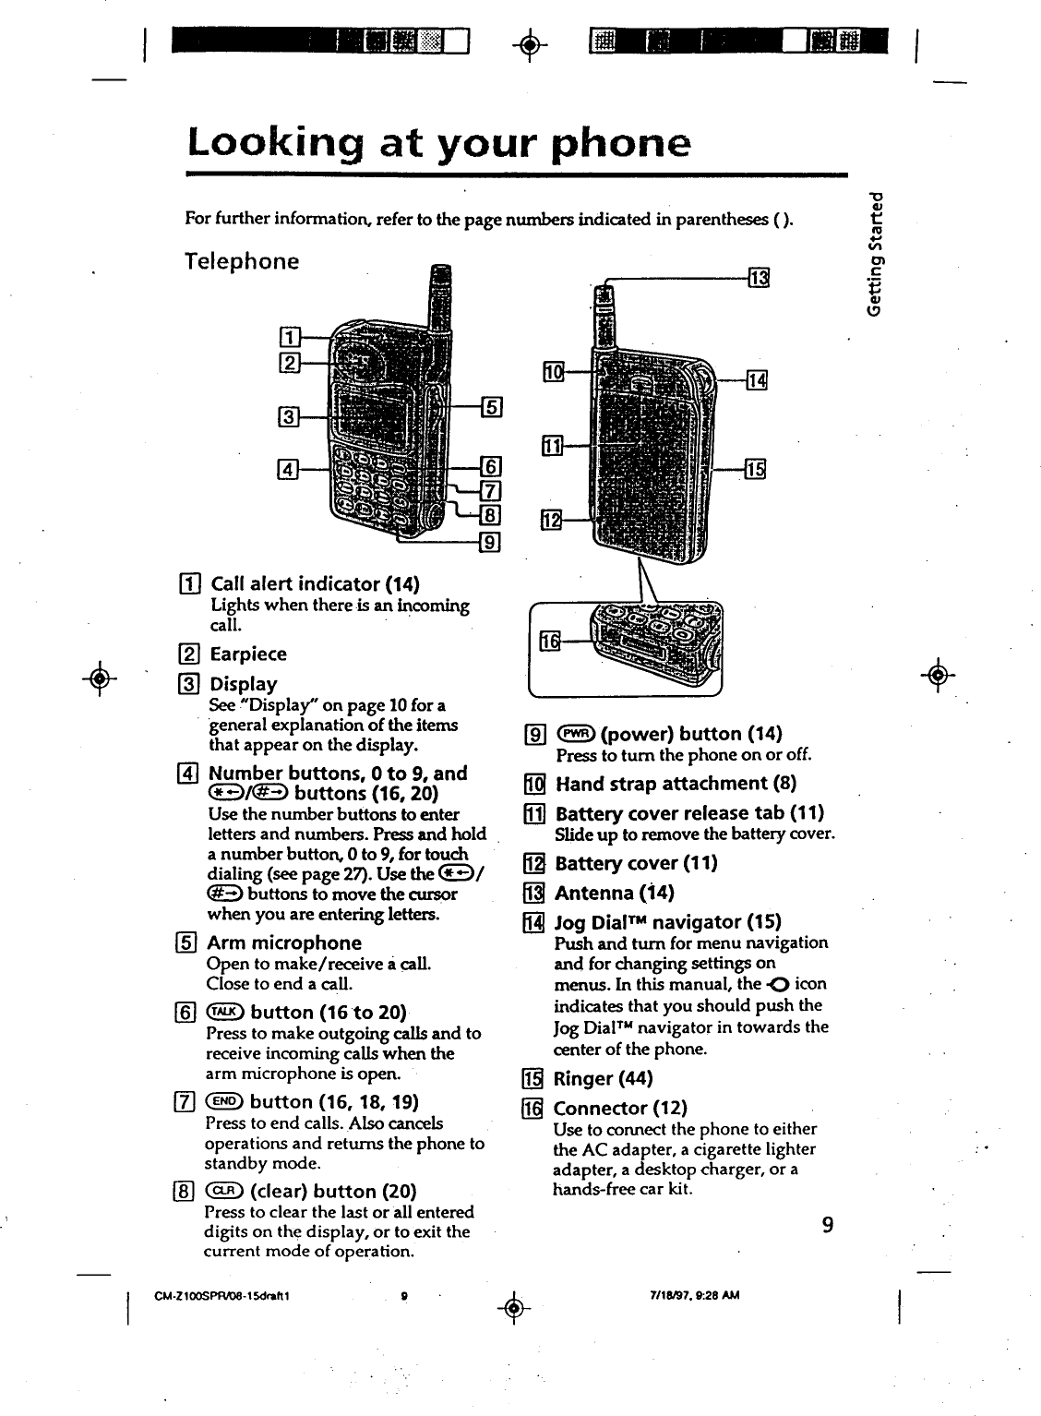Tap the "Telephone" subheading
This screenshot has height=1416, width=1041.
pyautogui.click(x=243, y=261)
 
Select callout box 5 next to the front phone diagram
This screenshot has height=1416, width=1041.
pyautogui.click(x=491, y=406)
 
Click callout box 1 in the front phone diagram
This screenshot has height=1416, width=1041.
pyautogui.click(x=286, y=334)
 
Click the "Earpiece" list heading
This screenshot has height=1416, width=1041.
pyautogui.click(x=248, y=654)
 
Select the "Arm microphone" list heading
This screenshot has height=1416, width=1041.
pyautogui.click(x=284, y=943)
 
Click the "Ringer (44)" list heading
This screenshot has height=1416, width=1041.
pyautogui.click(x=603, y=1079)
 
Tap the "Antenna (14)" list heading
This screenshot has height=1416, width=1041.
pyautogui.click(x=614, y=893)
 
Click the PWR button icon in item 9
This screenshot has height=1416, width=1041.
pyautogui.click(x=576, y=735)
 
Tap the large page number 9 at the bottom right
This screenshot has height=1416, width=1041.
pyautogui.click(x=828, y=1225)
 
